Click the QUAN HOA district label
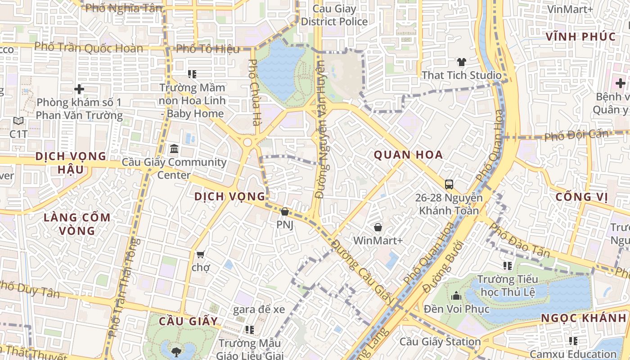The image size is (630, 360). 408,155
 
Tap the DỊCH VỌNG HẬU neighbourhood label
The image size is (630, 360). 71,163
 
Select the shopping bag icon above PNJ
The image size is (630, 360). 284,211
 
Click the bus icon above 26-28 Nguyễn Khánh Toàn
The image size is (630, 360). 449,184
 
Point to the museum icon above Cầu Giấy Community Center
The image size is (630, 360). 174,148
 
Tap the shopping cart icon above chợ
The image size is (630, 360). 201,254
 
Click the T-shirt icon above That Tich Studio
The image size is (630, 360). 461,62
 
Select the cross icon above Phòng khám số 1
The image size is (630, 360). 79,89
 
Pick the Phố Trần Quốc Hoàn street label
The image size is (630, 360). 89,47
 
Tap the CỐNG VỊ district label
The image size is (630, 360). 581,197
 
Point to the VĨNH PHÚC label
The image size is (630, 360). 580,37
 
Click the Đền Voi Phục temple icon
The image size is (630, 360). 456,296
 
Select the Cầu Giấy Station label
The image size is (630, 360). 440,342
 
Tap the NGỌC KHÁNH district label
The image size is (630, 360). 583,318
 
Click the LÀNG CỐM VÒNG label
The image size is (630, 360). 77,224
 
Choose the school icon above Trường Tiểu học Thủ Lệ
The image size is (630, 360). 508,266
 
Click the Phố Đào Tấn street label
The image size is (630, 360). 519,240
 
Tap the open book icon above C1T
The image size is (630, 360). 18,121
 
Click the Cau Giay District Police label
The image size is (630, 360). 334,15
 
